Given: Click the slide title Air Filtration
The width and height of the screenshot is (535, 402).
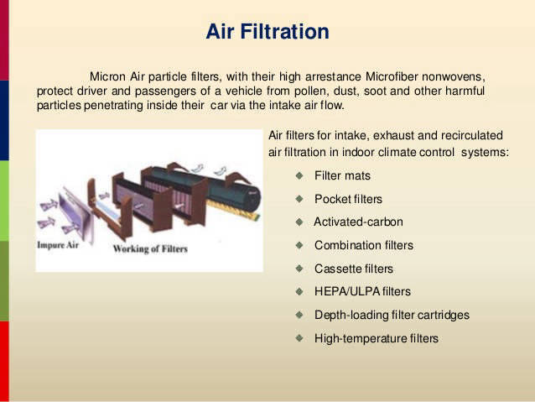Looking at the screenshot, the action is pos(267,31).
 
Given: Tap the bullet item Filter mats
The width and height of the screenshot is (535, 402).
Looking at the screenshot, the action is pos(342,175).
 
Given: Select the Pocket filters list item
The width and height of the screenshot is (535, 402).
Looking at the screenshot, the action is pos(348,199).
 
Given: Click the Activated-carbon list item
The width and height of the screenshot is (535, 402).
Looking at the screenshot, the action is pos(358,222).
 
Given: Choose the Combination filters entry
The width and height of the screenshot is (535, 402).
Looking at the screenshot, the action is pos(364,245).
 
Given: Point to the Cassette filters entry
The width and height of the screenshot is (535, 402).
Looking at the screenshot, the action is pos(354,269).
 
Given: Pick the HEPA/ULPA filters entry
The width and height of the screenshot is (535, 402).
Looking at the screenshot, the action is pos(362,291).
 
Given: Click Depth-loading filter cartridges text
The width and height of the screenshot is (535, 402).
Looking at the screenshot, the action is pos(392,315).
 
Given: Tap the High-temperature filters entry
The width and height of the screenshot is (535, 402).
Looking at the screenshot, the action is pos(377,338).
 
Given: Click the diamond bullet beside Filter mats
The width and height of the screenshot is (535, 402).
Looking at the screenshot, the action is pos(299,175).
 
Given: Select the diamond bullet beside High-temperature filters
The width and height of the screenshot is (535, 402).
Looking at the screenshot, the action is pos(299,338).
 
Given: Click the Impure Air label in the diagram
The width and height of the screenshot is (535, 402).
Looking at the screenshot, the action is pos(58,245).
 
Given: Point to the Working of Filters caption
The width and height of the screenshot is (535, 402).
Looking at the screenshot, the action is pos(150,249).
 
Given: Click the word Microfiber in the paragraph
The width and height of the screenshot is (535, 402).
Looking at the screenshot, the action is pos(392,76).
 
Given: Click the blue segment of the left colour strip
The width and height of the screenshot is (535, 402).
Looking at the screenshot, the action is pos(4,121).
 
